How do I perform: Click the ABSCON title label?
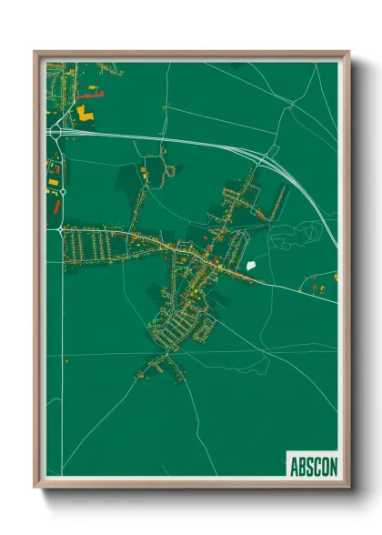pos(313,466)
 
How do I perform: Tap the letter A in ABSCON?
pos(294,467)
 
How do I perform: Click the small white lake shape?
pos(252,266)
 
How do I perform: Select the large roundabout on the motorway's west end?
pos(55,132)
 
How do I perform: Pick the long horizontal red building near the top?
pos(92,93)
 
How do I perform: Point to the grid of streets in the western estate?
pos(91,246)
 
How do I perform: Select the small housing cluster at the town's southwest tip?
pos(150,368)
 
